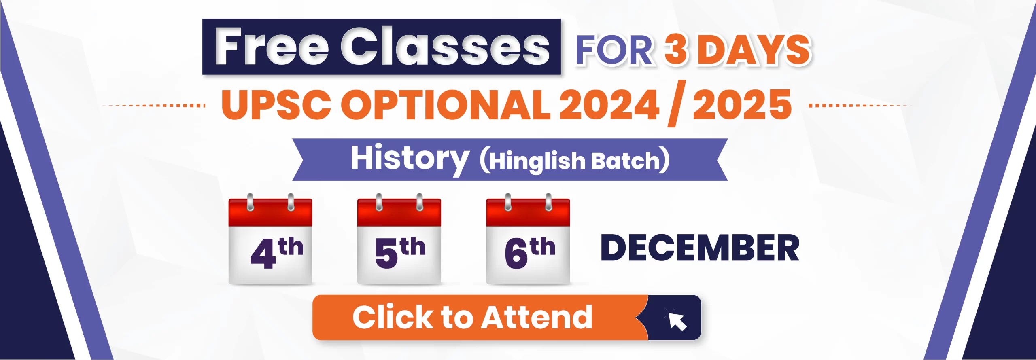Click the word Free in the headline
tap(272, 46)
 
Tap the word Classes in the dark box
tap(445, 46)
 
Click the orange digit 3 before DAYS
tap(676, 50)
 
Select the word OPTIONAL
tap(446, 104)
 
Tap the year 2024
tap(609, 104)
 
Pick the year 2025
tap(742, 104)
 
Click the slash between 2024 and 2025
tap(677, 104)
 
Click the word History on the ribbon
tap(410, 159)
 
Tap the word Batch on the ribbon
tap(626, 161)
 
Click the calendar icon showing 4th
tap(270, 239)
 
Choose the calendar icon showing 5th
tap(399, 239)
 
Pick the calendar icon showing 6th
tap(528, 239)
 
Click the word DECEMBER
tap(700, 248)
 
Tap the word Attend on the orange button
tap(537, 317)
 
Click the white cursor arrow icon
tap(676, 320)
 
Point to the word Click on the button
tap(393, 317)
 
